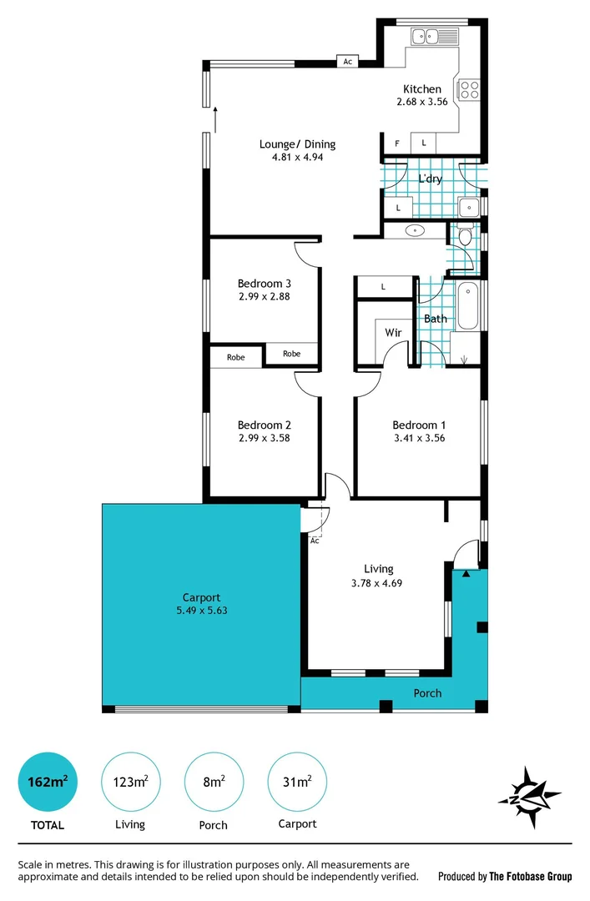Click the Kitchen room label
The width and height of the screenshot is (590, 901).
pos(422,89)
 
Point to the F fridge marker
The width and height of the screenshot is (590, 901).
pos(396,143)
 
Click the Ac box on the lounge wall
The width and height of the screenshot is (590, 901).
pos(347,62)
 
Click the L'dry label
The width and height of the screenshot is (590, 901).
pos(430,179)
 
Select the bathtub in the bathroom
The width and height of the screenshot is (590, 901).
pos(468,306)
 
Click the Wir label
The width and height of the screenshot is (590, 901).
pos(393,332)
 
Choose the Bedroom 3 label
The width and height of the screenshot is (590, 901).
pos(264,283)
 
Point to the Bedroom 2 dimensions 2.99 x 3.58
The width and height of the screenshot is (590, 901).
pos(264,437)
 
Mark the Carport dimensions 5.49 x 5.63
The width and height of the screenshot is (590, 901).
pos(201,610)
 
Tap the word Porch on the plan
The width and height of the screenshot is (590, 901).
pos(427,693)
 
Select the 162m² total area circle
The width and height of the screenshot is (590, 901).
pos(48,782)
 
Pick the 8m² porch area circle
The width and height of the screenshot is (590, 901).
pos(214,782)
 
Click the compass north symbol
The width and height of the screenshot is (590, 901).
pos(529,798)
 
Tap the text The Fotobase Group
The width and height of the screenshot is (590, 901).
pos(531,877)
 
